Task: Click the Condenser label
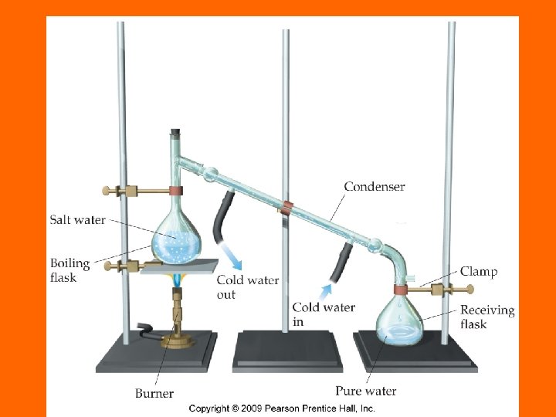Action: [375, 186]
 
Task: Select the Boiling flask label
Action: [70, 270]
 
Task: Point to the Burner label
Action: [154, 394]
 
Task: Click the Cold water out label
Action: [247, 286]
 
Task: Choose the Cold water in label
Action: [324, 314]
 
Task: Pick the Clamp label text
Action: [479, 271]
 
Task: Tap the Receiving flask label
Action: [486, 317]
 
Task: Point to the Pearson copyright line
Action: [282, 408]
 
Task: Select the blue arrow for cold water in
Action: [329, 291]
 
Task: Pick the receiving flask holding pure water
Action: [399, 324]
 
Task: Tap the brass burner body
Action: [178, 324]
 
